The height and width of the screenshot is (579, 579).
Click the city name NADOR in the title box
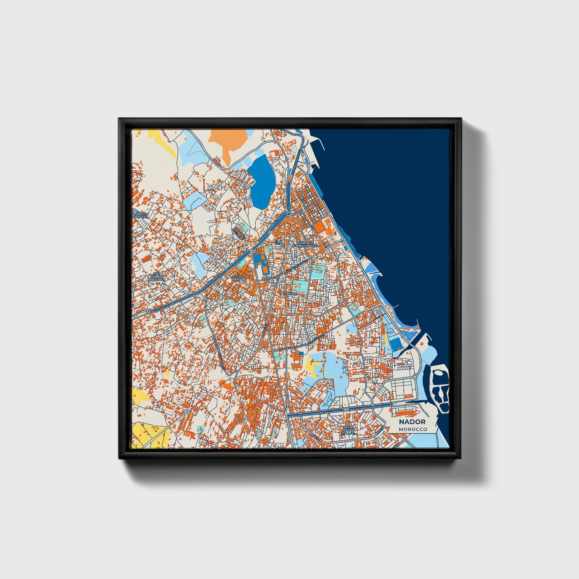pyautogui.click(x=412, y=422)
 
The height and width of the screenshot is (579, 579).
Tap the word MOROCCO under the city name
pyautogui.click(x=412, y=429)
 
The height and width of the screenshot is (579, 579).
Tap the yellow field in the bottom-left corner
pyautogui.click(x=146, y=433)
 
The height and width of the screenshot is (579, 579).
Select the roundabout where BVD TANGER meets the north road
pyautogui.click(x=288, y=214)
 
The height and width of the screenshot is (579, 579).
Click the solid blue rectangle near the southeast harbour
pyautogui.click(x=395, y=344)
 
